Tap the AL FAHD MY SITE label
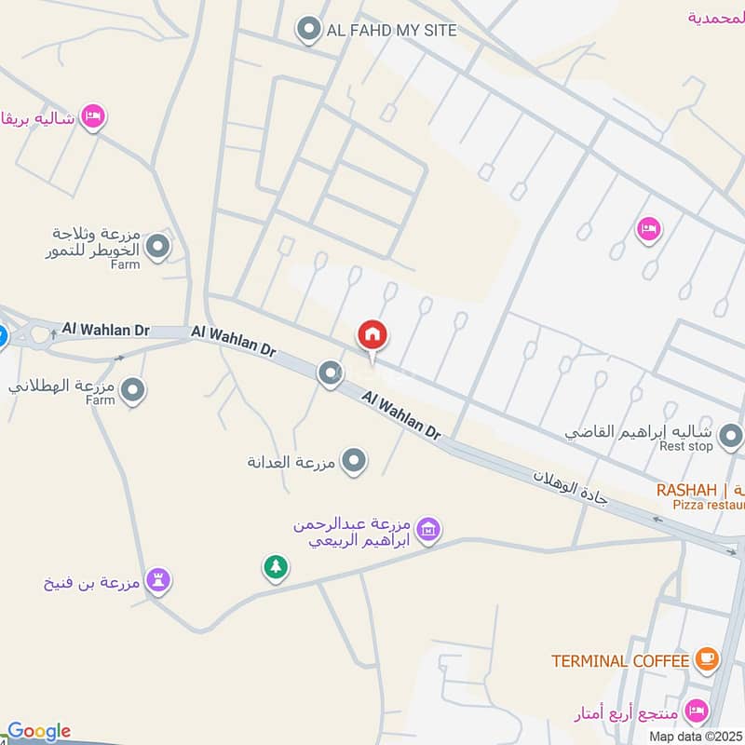pos(391,31)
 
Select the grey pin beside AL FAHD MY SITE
pos(308,31)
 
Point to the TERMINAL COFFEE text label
pos(620,661)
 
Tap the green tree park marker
pos(275,566)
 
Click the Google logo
pos(39,731)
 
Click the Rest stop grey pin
pos(731,434)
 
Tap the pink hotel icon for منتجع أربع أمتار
pos(695,711)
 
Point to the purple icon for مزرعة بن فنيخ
pos(159,582)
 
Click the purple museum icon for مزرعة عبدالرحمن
pos(427,530)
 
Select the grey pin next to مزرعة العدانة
pos(353,460)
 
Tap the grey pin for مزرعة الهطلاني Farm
pos(133,390)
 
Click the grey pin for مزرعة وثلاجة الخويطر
pos(158,247)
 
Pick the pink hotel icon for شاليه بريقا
pos(92,116)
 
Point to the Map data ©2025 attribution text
pos(696,736)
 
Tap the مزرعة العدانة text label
pos(291,462)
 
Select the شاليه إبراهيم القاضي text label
pos(643,433)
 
